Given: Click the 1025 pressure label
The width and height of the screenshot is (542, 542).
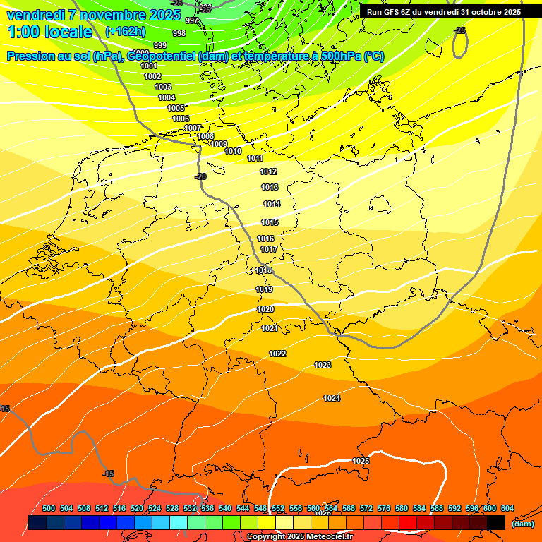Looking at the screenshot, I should coord(361,461).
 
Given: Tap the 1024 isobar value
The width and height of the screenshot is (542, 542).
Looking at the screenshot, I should coord(332,398).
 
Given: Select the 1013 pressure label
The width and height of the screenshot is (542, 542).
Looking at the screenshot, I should coord(270,187).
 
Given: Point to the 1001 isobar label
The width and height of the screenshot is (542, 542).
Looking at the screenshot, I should coord(149,66).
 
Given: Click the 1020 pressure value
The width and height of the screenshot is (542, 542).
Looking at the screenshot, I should coord(265,309).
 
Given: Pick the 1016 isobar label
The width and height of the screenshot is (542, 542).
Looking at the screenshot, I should coord(265,239).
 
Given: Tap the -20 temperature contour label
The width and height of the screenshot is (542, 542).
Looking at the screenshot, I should coord(200,176).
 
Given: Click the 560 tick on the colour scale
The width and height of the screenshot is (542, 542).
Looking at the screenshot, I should coord(313,508).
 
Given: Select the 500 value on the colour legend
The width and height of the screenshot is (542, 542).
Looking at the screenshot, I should coord(49,508).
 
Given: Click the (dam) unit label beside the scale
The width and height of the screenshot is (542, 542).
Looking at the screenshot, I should coord(522,524).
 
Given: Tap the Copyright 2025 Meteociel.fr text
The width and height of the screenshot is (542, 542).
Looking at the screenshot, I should coord(300,536).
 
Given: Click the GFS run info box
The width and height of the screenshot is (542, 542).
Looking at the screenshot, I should coord(443,11).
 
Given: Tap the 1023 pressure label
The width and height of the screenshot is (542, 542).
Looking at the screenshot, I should coord(323,365).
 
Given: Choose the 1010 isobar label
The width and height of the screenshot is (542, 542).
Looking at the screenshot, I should coord(233,151).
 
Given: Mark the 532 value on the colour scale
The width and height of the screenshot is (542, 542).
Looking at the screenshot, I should coord(190,508).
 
